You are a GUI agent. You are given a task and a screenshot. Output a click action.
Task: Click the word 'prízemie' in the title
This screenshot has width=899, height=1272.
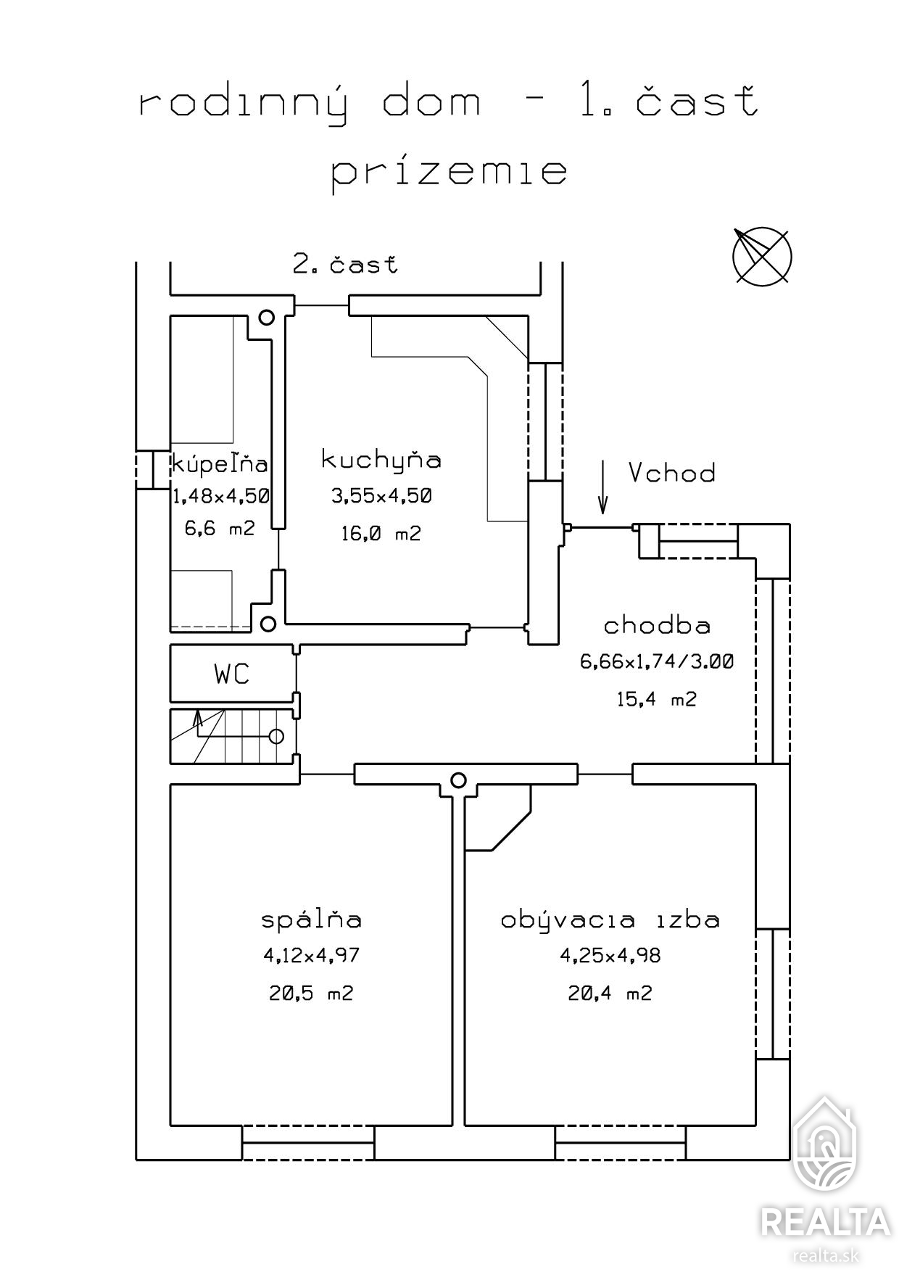(449, 173)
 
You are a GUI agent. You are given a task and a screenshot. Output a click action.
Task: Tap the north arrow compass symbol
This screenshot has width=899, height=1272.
(761, 255)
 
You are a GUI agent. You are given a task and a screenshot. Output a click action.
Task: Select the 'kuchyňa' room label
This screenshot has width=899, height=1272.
(381, 460)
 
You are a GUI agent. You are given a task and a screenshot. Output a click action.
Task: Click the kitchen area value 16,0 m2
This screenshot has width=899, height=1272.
(381, 534)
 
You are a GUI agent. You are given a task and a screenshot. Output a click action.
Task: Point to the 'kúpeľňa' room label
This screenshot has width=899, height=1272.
(220, 463)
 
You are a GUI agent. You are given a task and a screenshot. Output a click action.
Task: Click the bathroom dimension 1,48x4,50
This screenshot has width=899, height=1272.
(221, 496)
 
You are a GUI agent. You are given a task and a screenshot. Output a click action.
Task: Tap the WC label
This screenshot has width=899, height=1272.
(232, 674)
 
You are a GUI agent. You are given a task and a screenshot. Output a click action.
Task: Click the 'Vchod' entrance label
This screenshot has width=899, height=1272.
(671, 473)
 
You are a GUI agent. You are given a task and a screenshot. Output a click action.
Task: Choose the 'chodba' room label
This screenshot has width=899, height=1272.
(657, 625)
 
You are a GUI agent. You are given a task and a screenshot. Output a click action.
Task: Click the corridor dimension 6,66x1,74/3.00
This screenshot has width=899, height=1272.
(657, 661)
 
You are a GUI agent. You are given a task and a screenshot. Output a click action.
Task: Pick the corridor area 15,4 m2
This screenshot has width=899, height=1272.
(657, 699)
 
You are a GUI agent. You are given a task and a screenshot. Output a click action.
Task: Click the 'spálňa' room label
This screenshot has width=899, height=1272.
(311, 920)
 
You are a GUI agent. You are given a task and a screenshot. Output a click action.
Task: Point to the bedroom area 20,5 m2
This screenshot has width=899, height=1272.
(311, 993)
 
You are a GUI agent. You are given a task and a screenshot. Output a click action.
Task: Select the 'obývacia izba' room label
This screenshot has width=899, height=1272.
(610, 920)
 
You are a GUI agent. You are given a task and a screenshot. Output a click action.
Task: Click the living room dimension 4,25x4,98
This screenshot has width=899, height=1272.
(610, 956)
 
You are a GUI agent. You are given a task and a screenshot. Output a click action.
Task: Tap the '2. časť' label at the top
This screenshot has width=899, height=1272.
(345, 264)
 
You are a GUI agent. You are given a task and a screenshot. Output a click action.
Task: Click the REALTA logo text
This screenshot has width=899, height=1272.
(825, 1222)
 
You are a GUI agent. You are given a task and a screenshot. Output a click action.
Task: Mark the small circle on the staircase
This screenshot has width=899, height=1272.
(276, 736)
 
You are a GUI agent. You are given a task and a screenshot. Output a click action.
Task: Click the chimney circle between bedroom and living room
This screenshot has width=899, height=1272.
(457, 780)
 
